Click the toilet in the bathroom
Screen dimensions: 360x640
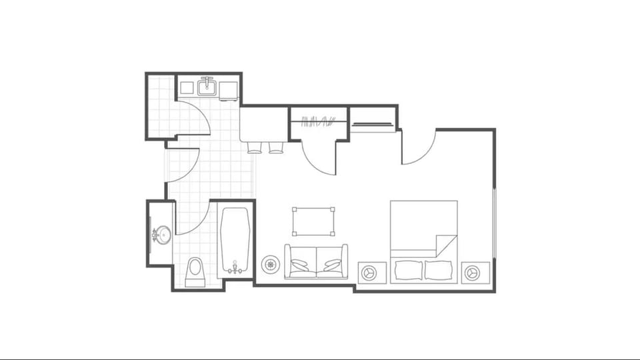point(195,271)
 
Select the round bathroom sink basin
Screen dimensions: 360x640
point(162,235)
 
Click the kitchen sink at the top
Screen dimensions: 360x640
point(207,87)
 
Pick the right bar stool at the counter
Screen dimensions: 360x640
point(276,147)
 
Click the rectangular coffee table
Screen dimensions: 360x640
point(313,221)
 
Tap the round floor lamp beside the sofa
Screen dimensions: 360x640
point(270,265)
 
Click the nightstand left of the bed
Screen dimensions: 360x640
point(372,272)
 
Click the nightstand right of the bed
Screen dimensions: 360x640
point(475,272)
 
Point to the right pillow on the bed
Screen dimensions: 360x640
point(440,270)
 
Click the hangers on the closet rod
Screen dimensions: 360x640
point(317,121)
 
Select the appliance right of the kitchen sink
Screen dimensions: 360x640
point(229,89)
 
